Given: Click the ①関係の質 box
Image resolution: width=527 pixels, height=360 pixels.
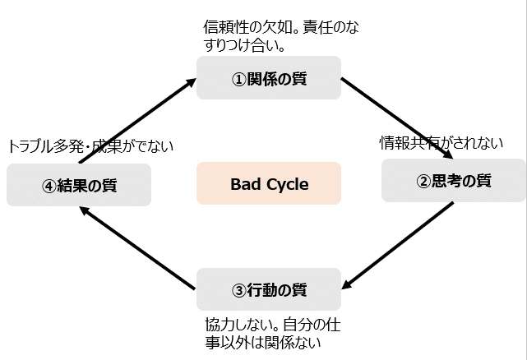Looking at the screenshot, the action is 269,77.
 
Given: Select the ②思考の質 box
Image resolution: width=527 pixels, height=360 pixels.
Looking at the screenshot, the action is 454,181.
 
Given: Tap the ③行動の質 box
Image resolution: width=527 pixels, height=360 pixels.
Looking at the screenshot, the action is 269,289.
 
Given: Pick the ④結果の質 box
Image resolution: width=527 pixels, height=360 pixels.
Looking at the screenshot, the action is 79,185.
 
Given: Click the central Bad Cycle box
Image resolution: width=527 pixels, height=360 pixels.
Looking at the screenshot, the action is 269,183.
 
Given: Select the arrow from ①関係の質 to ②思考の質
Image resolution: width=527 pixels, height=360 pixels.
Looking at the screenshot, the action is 397,118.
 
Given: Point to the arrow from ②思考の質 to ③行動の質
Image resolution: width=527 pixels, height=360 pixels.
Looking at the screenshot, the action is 398,246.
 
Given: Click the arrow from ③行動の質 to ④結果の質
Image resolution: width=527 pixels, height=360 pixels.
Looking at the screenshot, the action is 137,247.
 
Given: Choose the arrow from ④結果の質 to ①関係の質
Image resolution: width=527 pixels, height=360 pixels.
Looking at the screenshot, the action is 137,121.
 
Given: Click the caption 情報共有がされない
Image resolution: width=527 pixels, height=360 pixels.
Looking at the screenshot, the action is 441,143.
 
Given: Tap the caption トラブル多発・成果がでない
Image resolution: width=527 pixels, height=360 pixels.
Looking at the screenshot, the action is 90,146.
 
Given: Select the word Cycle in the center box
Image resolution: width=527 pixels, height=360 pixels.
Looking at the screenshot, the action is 288,185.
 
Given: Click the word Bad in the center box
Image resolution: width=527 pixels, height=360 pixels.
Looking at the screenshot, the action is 246,184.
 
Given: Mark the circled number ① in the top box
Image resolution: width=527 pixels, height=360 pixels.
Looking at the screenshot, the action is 239,80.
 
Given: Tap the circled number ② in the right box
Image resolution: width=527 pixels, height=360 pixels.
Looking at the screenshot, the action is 423,182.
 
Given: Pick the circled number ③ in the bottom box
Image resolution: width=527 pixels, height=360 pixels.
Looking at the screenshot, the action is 239,291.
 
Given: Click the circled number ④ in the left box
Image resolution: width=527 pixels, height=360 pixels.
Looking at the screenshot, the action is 49,187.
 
